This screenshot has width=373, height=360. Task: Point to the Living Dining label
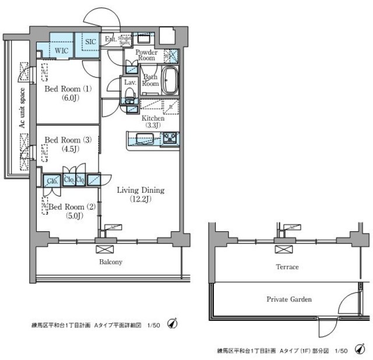click(140, 190)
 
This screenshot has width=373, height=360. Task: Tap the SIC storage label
click(90, 42)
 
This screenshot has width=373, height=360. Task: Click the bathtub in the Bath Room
click(170, 80)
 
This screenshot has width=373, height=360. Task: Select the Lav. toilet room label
click(129, 82)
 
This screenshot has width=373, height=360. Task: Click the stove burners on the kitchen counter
click(169, 139)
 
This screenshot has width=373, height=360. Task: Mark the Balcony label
click(110, 262)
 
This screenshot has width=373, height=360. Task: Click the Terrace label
click(287, 267)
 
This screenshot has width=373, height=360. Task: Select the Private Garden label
click(289, 299)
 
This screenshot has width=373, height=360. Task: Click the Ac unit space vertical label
click(22, 111)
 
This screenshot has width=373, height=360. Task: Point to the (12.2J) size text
click(140, 200)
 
